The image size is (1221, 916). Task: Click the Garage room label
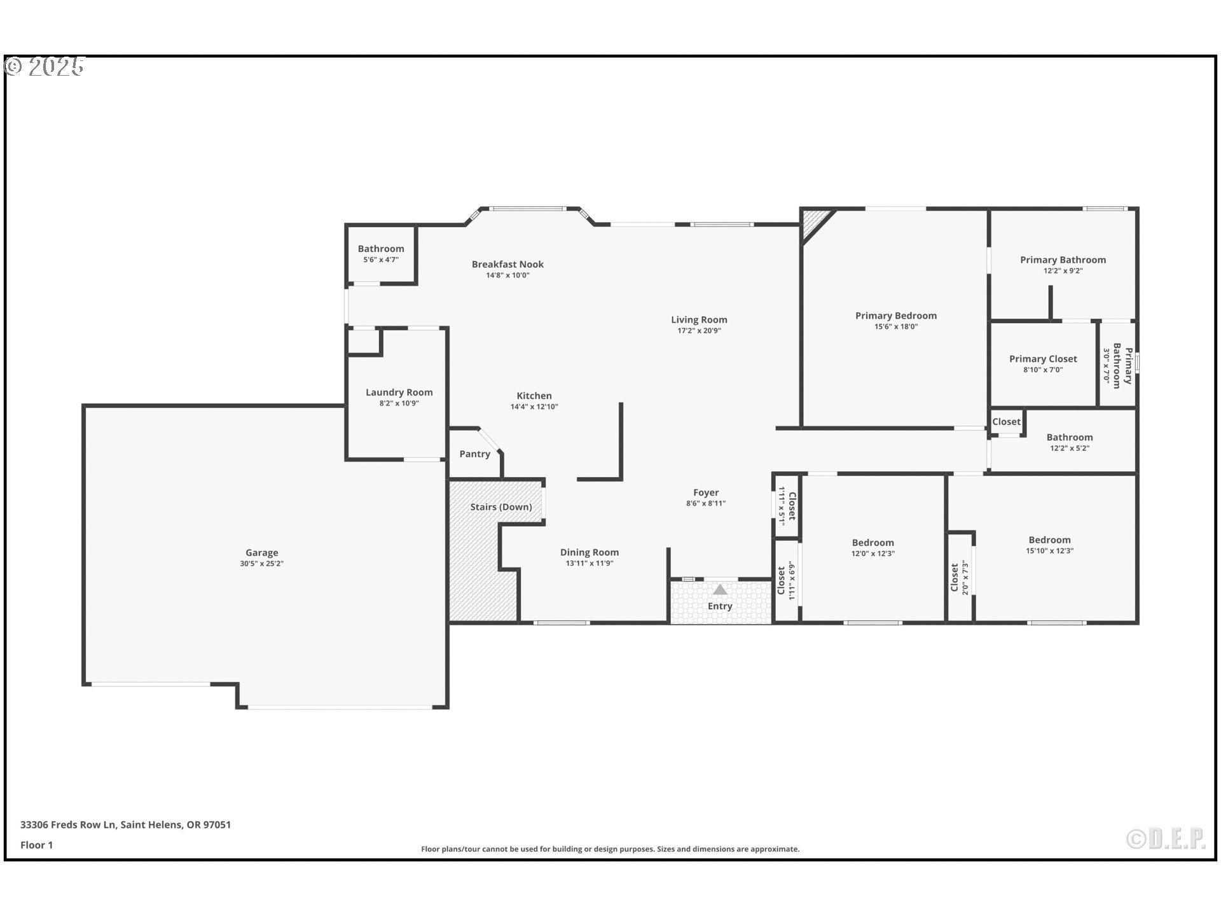click(x=261, y=553)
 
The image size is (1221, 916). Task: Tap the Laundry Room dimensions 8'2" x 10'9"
click(x=399, y=403)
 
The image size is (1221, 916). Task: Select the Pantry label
click(x=474, y=454)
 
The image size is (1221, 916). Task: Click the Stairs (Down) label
click(x=500, y=507)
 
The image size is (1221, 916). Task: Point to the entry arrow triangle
click(x=719, y=590)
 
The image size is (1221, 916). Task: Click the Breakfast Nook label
click(x=507, y=264)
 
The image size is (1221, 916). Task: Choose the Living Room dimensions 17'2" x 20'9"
click(x=699, y=331)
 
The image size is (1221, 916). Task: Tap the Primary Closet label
click(x=1043, y=359)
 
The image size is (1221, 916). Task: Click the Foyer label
click(x=706, y=492)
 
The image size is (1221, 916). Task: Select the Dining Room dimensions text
click(x=589, y=564)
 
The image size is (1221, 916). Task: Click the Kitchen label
click(x=534, y=396)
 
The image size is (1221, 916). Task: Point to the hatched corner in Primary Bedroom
click(x=815, y=222)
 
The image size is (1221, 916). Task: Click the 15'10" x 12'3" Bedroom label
click(x=1049, y=540)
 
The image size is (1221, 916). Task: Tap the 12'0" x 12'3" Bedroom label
click(x=873, y=543)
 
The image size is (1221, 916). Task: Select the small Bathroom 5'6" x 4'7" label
click(x=380, y=249)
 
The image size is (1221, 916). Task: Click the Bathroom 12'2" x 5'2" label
click(x=1069, y=437)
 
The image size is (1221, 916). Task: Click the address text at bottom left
click(x=125, y=824)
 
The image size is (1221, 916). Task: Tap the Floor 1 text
click(x=36, y=845)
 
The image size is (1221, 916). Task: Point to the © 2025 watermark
click(x=45, y=66)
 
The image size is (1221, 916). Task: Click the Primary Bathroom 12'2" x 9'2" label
click(x=1063, y=260)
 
